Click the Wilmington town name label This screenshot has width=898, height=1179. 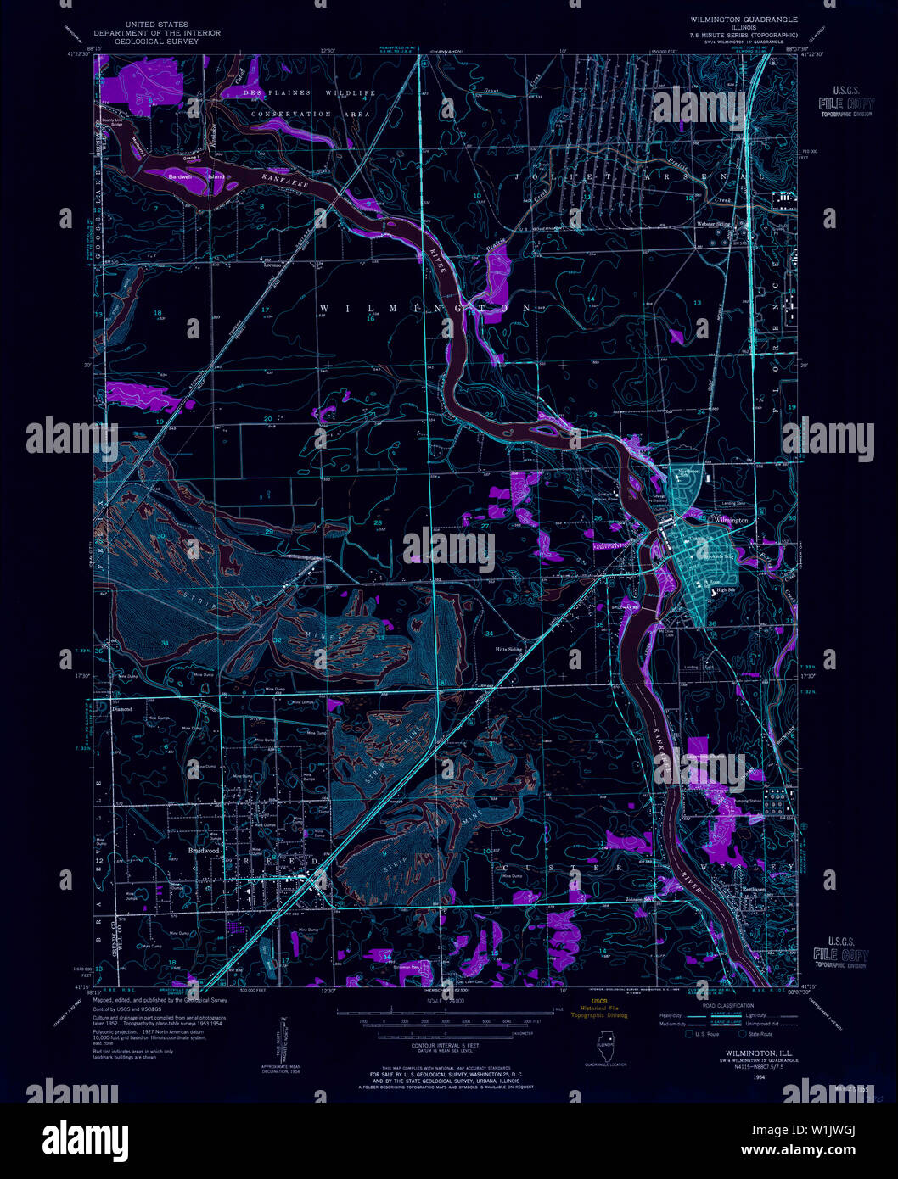click(x=731, y=520)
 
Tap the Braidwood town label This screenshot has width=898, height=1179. click(x=204, y=850)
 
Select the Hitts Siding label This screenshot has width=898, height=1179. click(x=508, y=650)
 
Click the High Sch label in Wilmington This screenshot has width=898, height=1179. click(x=726, y=591)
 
